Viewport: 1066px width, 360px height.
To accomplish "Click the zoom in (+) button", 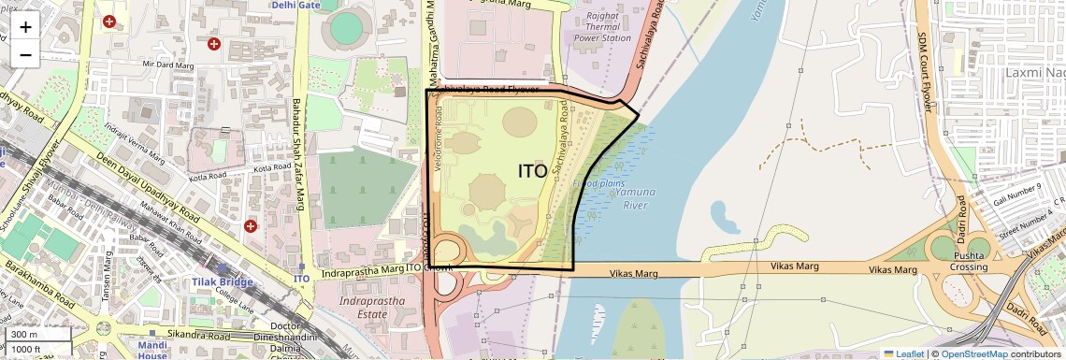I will tap(25, 26).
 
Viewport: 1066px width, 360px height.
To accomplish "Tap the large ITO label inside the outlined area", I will tap(532, 171).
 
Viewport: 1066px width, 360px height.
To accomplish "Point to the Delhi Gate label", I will tap(296, 6).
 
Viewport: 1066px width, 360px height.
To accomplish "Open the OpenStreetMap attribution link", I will tap(973, 353).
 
